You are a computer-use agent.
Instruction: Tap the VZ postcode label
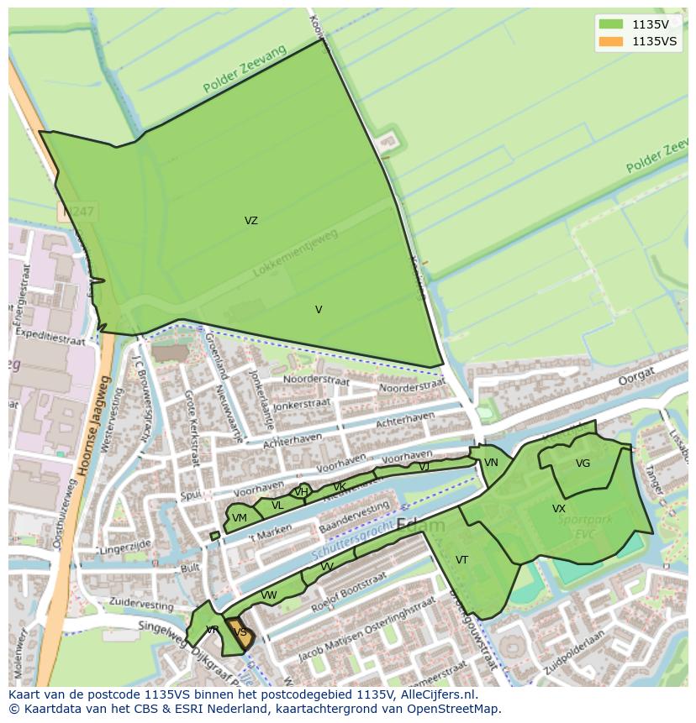[251, 221]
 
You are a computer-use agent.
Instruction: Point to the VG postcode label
[583, 464]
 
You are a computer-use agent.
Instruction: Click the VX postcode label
[559, 509]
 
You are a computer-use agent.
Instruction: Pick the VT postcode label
[461, 560]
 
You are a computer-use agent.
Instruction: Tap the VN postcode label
[491, 463]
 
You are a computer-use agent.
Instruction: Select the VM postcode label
[240, 518]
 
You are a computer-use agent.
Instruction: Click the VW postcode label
[268, 595]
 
